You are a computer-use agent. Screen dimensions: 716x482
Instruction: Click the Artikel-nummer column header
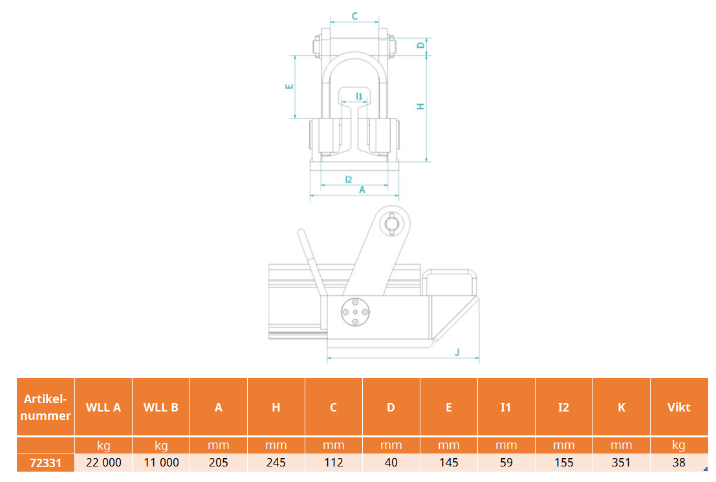click(46, 407)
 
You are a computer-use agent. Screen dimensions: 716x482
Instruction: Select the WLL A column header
click(103, 408)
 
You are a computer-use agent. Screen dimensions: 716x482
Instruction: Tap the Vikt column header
click(678, 408)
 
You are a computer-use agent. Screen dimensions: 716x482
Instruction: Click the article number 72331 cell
click(45, 463)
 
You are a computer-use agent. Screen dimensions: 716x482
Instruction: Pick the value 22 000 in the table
click(103, 463)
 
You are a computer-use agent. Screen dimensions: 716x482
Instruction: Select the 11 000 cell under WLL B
click(161, 463)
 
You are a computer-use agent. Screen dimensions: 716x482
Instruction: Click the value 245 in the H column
click(276, 463)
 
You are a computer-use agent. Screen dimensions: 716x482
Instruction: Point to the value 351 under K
click(621, 463)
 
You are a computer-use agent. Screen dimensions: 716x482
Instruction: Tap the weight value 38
click(678, 463)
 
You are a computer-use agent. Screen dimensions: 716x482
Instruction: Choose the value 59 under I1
click(506, 463)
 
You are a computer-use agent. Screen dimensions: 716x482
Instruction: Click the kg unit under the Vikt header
click(678, 445)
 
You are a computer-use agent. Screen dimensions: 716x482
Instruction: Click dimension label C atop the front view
click(355, 16)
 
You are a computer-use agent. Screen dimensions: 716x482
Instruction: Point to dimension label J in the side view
click(457, 352)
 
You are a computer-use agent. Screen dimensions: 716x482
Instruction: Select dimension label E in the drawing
click(289, 86)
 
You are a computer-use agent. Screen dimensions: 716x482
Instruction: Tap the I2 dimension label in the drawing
click(349, 180)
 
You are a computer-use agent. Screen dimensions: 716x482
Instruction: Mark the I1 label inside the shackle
click(359, 96)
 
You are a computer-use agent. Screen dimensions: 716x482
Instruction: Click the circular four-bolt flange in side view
click(355, 312)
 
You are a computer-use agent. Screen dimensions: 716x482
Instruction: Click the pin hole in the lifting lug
click(391, 224)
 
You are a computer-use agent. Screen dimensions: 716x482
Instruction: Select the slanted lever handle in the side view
click(312, 262)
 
